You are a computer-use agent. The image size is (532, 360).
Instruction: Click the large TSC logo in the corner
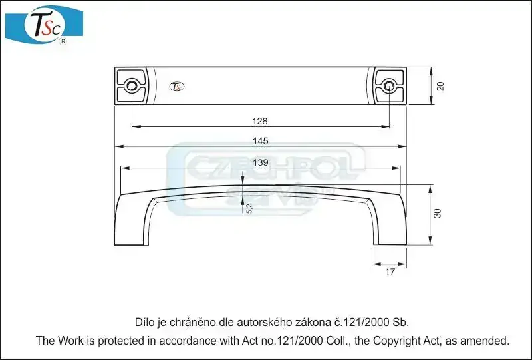tap(44, 25)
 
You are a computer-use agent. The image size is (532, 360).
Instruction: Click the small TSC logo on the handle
tap(177, 87)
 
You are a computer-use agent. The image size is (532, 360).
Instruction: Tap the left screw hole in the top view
tap(132, 86)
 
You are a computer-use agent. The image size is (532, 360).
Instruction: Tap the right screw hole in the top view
tap(389, 86)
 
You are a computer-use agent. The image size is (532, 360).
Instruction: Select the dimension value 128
tap(260, 121)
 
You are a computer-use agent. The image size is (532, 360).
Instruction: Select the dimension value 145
tap(261, 141)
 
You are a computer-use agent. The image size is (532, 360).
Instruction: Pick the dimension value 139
tap(261, 162)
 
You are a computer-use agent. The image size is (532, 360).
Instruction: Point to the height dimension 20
tap(440, 86)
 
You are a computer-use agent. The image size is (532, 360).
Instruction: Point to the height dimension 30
tap(438, 214)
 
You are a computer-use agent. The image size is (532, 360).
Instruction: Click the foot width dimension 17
tap(390, 271)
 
